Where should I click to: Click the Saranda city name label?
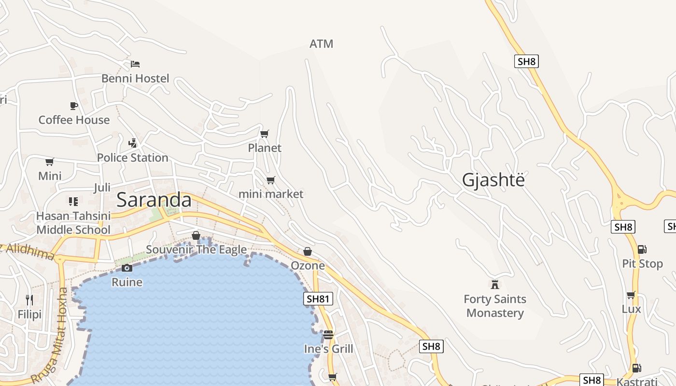(154, 200)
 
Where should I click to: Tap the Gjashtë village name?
(493, 179)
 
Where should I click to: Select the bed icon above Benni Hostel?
(135, 64)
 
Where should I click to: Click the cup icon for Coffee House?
(73, 106)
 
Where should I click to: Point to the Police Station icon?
(133, 143)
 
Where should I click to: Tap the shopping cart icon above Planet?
(264, 134)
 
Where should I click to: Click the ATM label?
(321, 44)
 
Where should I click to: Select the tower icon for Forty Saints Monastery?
(494, 284)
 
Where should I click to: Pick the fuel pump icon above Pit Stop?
(642, 249)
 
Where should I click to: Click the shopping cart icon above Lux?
(631, 295)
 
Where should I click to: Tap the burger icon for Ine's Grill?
(328, 334)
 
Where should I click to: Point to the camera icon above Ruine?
(127, 268)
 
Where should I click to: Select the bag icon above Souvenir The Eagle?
(196, 235)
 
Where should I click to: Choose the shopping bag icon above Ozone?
(308, 251)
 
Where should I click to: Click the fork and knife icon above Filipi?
(29, 300)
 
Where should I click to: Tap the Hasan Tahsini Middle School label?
(73, 223)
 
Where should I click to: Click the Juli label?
(102, 187)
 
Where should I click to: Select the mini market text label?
(271, 194)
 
